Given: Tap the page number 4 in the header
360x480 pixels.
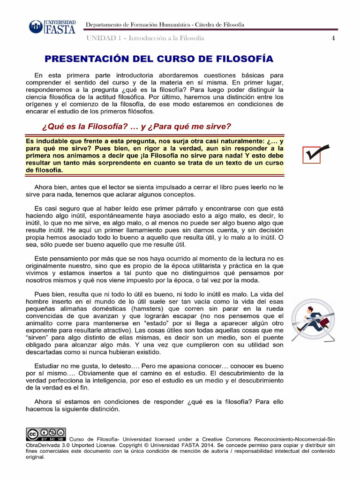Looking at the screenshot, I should pyautogui.click(x=333, y=38).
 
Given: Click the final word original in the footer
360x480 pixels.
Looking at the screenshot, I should pyautogui.click(x=35, y=457).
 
